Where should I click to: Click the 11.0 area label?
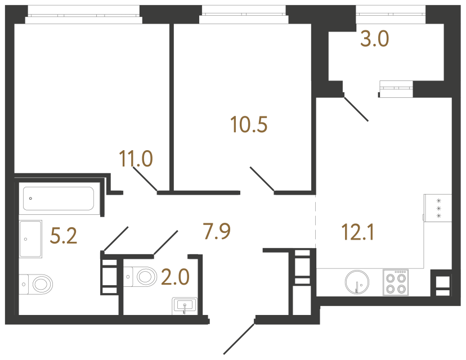click(136, 159)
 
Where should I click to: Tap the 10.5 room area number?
click(249, 124)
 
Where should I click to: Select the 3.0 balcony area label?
click(374, 39)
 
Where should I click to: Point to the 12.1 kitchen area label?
click(358, 232)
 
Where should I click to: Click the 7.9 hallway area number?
click(217, 231)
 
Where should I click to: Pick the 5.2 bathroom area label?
click(64, 236)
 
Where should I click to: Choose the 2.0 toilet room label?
click(176, 277)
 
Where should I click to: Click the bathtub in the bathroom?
click(59, 199)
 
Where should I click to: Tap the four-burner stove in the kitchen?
click(396, 282)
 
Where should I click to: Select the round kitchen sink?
click(357, 282)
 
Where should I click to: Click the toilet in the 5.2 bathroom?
click(36, 284)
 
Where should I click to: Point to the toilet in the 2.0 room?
click(140, 277)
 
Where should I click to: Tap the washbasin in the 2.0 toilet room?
click(185, 305)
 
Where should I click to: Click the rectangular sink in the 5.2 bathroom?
click(30, 239)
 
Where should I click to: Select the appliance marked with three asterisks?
click(438, 208)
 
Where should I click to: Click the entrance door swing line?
click(239, 339)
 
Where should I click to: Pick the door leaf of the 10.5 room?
click(262, 178)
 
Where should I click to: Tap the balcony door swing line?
click(356, 109)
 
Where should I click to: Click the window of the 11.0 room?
click(83, 15)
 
